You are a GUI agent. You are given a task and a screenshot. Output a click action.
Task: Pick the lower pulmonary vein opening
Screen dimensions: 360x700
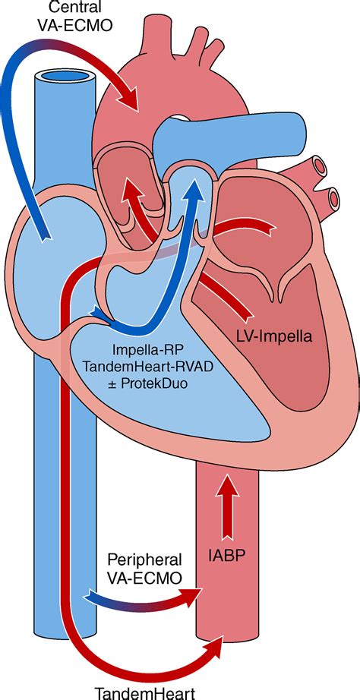click(x=334, y=197)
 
